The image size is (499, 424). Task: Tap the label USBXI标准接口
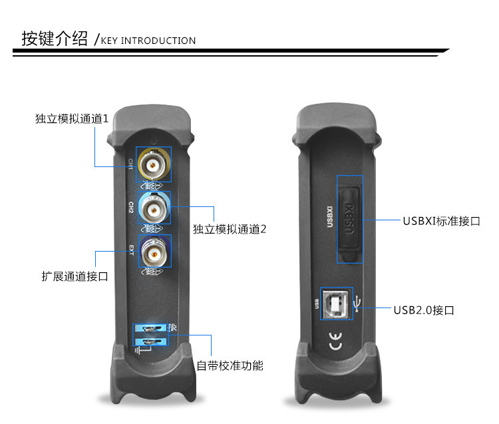441,221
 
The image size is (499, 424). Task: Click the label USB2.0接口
424,310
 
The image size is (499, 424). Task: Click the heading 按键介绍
55,39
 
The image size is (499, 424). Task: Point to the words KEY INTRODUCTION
148,41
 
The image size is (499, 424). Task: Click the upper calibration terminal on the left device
151,329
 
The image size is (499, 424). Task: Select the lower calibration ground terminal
151,343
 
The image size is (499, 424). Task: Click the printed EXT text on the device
131,252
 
